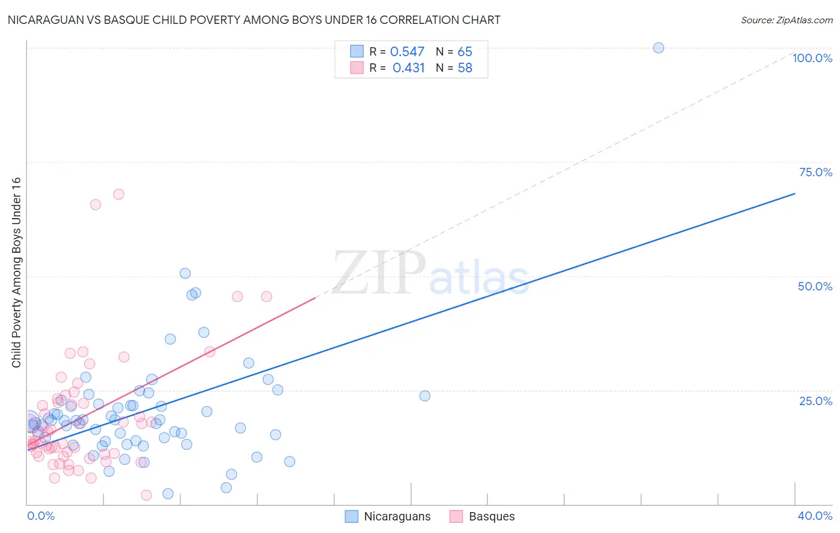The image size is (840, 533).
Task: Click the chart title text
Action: pos(254,20)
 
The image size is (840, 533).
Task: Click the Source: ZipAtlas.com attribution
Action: pos(786,20)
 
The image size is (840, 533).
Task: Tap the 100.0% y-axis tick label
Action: pos(812,58)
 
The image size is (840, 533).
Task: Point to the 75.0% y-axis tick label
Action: pos(816,172)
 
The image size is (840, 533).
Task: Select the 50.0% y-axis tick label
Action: pos(815,286)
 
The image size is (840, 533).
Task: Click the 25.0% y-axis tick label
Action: pos(816,400)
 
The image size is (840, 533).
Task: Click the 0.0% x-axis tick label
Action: pos(41,516)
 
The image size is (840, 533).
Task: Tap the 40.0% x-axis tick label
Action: pos(814,516)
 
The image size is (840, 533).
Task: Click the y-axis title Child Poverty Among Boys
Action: pos(16,272)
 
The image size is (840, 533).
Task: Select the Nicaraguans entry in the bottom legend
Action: pos(397,516)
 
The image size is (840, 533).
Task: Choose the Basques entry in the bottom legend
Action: pos(491,516)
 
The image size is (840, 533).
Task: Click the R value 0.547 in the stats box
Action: pos(407,52)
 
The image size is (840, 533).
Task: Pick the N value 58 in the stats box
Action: pos(465,68)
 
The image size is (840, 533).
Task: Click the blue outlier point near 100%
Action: pos(658,48)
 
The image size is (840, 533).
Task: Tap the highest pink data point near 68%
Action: pos(119,194)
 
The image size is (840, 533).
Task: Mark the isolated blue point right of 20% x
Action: pos(425,396)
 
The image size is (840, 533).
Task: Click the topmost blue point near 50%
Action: pos(185,273)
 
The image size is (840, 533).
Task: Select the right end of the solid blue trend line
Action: pos(795,194)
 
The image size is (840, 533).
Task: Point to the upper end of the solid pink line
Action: pos(315,297)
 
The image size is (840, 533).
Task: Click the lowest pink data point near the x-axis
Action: pos(146,495)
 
